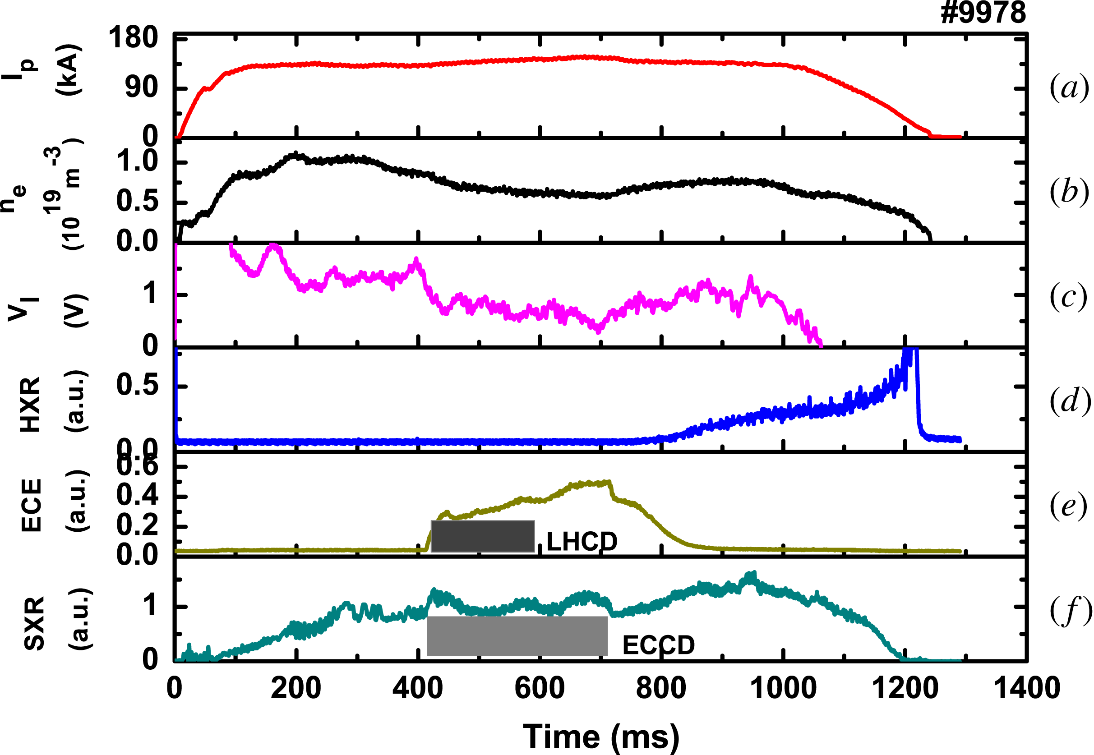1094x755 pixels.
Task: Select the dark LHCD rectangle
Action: (483, 536)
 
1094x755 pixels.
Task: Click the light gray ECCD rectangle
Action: (517, 636)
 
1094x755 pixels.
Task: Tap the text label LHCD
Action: (582, 542)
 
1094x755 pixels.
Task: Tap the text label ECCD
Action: (658, 645)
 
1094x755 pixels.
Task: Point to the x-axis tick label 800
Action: (660, 688)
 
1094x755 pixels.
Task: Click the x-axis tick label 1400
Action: (1026, 688)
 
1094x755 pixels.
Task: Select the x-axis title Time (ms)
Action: (601, 737)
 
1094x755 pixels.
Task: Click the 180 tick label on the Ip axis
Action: (133, 37)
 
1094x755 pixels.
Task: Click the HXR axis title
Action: (30, 405)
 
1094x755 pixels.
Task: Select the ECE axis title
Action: (32, 505)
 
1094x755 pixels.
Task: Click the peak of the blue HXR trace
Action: (911, 350)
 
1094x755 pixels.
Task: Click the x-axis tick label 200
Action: (296, 688)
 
